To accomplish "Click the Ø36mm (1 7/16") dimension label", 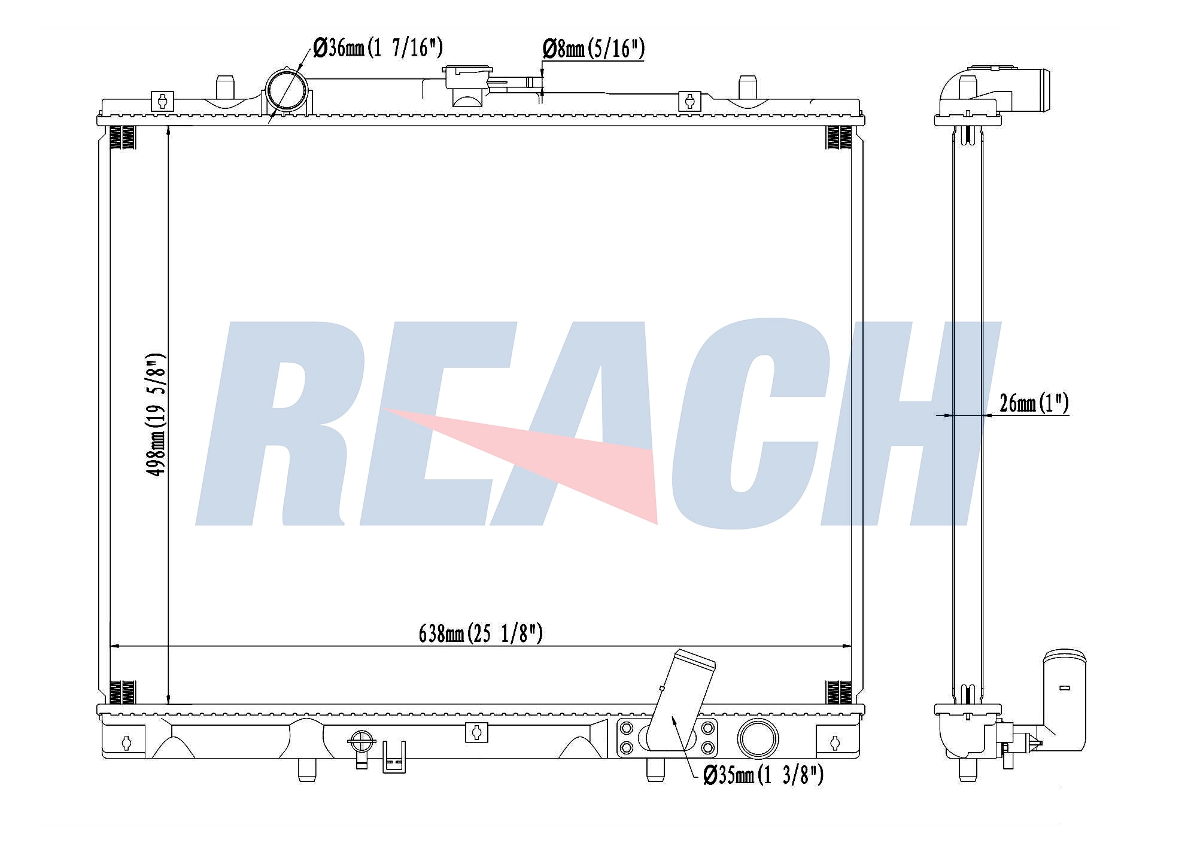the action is [378, 47].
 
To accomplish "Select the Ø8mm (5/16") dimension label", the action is [594, 48].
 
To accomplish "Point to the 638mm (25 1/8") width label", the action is [481, 633].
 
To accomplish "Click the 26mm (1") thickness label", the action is [1034, 403].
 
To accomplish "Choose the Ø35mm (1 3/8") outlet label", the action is [764, 776].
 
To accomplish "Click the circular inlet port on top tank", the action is [285, 89].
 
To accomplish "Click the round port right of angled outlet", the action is [758, 738].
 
